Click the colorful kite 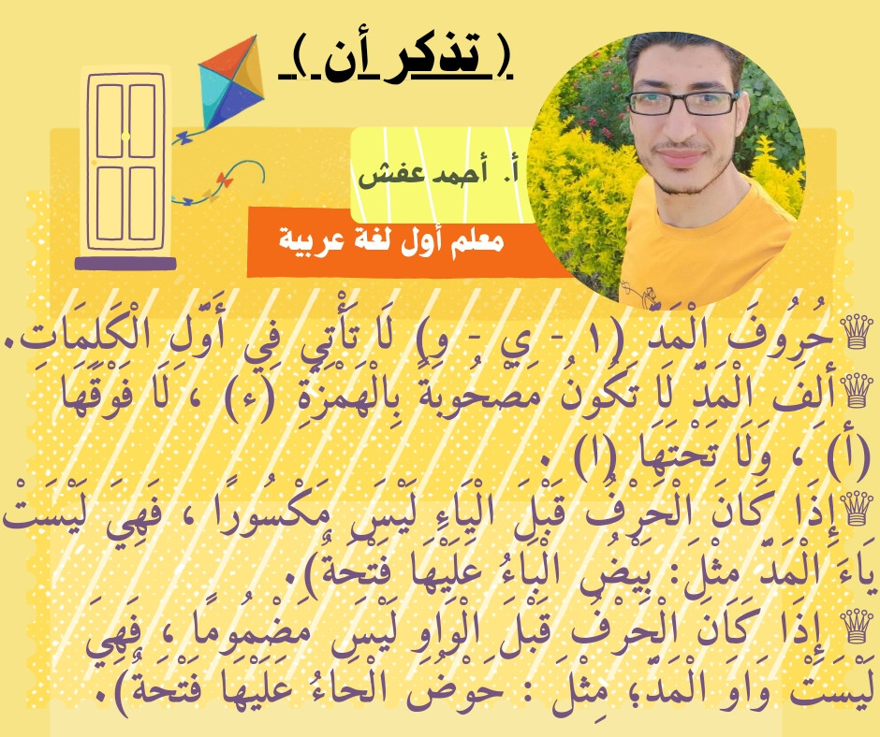click(231, 82)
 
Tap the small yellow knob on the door click(125, 137)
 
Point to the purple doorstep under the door click(125, 263)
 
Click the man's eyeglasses click(682, 103)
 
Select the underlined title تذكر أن click(396, 58)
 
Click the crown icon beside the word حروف click(855, 331)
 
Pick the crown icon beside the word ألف click(855, 390)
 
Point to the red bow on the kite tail click(225, 180)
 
